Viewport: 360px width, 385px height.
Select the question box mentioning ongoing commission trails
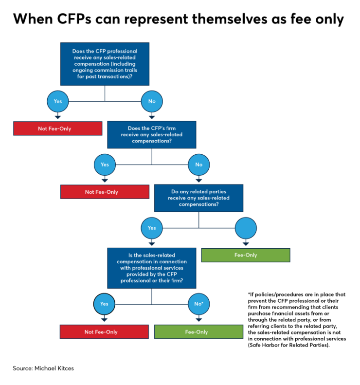tap(105, 64)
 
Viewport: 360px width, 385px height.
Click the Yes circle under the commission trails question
tap(57, 102)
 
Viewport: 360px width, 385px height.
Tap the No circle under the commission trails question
tap(152, 102)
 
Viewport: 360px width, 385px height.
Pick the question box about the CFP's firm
tap(152, 135)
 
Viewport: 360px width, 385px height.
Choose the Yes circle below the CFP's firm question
tap(105, 165)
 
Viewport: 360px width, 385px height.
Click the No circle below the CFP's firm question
tap(198, 165)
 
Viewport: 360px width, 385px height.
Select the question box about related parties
tap(198, 198)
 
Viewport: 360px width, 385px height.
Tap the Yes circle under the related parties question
tap(152, 227)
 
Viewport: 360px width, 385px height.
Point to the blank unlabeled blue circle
tap(246, 227)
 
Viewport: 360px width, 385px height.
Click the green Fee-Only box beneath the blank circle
tap(246, 255)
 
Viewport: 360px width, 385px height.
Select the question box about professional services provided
tap(152, 268)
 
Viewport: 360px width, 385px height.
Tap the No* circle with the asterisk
tap(198, 304)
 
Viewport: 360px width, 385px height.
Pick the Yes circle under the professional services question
tap(105, 304)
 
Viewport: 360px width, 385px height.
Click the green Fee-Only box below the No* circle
tap(198, 332)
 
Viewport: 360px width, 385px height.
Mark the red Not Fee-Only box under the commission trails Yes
tap(57, 128)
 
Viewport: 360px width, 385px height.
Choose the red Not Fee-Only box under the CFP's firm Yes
tap(105, 192)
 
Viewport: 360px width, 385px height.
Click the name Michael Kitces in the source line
tap(54, 368)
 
